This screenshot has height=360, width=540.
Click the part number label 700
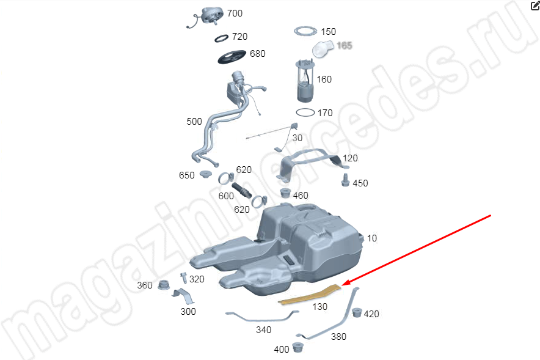(235, 13)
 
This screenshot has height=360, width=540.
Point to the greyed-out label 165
(344, 45)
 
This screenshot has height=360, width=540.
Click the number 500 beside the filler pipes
(194, 122)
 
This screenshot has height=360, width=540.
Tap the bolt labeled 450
(345, 180)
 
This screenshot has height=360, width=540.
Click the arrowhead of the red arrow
(345, 284)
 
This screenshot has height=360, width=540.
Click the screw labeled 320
(184, 277)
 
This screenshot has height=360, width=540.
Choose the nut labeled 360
(164, 285)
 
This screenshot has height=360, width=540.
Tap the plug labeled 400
(297, 347)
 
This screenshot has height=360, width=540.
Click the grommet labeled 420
(357, 312)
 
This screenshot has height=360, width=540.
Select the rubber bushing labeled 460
(285, 193)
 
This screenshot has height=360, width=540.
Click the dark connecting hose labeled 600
(242, 191)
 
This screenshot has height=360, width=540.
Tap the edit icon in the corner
(535, 6)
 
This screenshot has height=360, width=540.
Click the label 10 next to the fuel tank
(372, 238)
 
